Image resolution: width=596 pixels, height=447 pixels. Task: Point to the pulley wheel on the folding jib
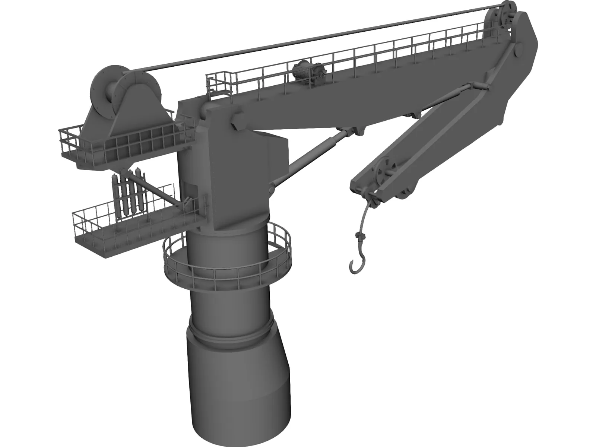click(384, 172)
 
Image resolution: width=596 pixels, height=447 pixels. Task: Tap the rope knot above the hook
click(359, 235)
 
